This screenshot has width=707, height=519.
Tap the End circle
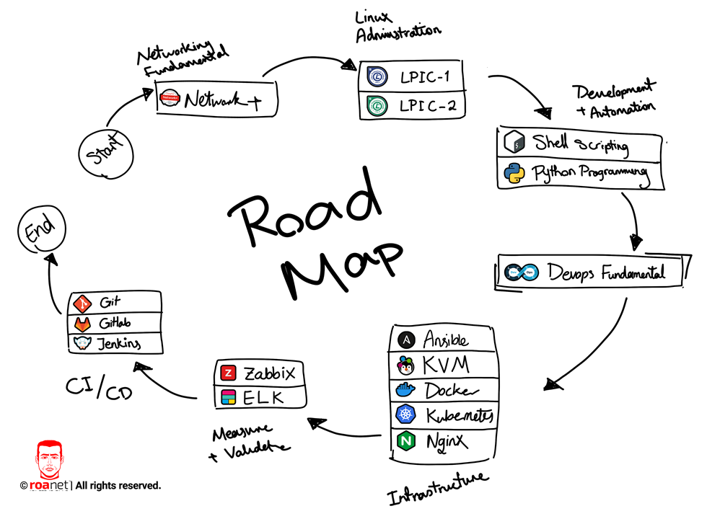pyautogui.click(x=40, y=232)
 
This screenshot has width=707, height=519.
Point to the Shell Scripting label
pyautogui.click(x=581, y=143)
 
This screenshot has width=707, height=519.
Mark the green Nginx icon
pyautogui.click(x=405, y=440)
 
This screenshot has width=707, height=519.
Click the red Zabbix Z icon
pyautogui.click(x=229, y=373)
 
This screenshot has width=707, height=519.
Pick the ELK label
pyautogui.click(x=264, y=397)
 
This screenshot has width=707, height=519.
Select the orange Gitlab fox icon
pyautogui.click(x=82, y=323)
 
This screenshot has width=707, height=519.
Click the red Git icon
pyautogui.click(x=82, y=302)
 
